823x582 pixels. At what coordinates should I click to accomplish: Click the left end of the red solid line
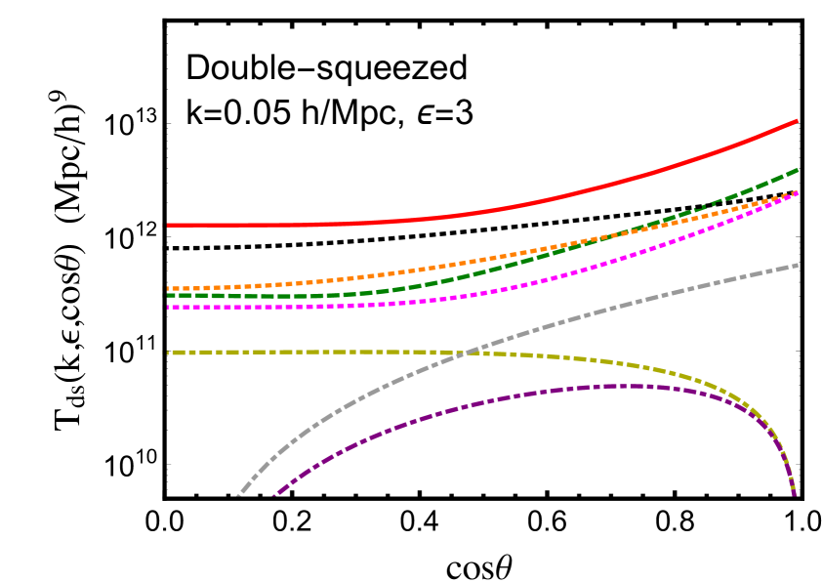coord(168,225)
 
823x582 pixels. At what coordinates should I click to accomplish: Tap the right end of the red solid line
coord(798,120)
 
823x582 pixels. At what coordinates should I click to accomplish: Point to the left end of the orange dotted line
coord(168,289)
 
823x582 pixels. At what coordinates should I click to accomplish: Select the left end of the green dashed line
coord(168,295)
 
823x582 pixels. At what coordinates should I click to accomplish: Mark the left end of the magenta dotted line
coord(168,307)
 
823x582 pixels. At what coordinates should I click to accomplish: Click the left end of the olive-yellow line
coord(168,352)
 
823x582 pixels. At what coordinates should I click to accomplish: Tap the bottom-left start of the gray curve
coord(237,495)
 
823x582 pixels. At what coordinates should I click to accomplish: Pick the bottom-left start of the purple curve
coord(273,495)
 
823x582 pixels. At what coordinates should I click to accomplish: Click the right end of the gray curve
coord(798,265)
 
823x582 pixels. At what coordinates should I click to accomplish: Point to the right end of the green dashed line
coord(798,169)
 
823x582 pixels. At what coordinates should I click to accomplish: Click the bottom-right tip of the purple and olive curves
coord(794,493)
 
